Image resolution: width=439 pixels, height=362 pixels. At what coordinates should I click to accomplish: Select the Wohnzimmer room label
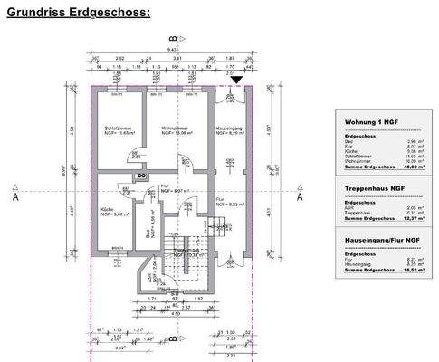coord(165,130)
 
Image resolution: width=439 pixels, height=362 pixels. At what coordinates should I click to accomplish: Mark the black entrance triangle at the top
coord(236,81)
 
